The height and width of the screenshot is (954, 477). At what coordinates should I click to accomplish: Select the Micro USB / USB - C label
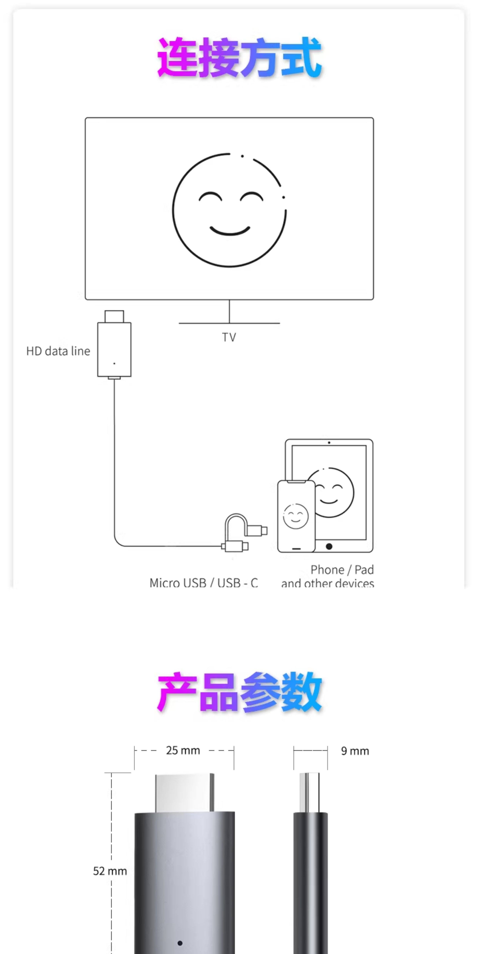pos(204,583)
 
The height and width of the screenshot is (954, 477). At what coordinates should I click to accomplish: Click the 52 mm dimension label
pos(110,871)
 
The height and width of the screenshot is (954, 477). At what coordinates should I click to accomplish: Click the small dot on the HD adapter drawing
pos(114,363)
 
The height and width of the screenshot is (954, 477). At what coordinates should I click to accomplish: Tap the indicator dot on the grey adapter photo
pos(180,942)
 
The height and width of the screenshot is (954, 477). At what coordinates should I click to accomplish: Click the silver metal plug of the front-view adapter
pos(184,792)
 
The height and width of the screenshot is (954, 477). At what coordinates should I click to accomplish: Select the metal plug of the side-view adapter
pos(310,792)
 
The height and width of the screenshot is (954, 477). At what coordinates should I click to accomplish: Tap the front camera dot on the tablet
pos(329,443)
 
